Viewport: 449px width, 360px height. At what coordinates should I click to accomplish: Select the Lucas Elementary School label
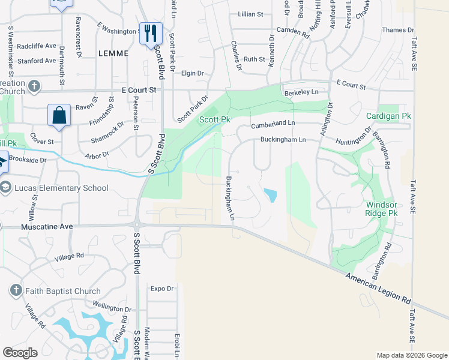[x=63, y=188]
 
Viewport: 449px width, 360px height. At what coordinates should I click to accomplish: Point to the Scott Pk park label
[x=215, y=120]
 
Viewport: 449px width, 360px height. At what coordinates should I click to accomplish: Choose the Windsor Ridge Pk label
[x=382, y=208]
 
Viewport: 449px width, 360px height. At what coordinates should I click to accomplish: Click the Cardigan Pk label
[x=388, y=115]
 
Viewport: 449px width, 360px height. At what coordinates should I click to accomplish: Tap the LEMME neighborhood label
[x=113, y=53]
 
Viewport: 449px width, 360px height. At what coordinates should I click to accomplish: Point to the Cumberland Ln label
[x=273, y=124]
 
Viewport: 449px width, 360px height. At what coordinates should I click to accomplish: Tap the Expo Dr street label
[x=161, y=289]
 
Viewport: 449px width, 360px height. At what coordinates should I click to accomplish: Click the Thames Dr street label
[x=398, y=30]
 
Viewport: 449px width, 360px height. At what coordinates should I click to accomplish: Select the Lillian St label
[x=250, y=14]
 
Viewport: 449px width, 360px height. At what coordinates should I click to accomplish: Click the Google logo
[x=20, y=353]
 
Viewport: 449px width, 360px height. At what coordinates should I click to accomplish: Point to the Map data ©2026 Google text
[x=412, y=355]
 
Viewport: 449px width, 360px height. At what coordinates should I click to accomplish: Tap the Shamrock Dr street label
[x=107, y=133]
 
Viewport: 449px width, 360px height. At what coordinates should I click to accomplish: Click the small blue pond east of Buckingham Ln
[x=271, y=195]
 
